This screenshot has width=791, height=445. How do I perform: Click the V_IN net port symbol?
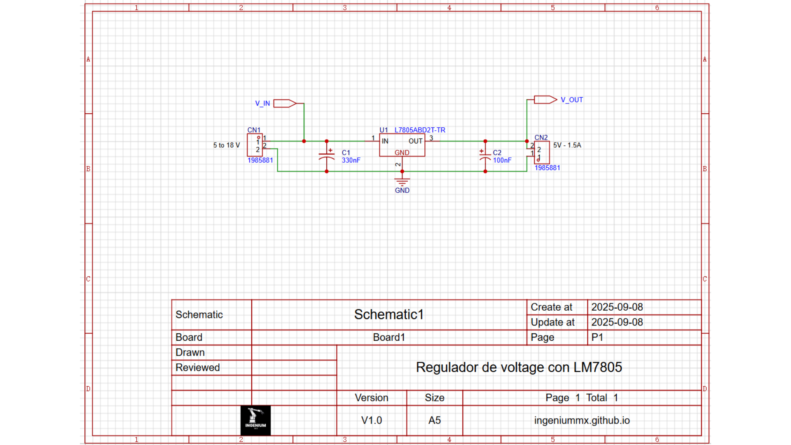[285, 103]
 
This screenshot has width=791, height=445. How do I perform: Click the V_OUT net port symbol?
[545, 100]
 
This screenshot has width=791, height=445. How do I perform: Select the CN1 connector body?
[255, 145]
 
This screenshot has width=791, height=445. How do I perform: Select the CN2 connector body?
[542, 153]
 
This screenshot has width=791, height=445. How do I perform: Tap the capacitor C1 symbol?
[327, 156]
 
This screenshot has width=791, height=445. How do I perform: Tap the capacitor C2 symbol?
[485, 156]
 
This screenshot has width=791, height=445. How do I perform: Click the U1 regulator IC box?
[402, 145]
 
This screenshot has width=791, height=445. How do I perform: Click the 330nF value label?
[351, 160]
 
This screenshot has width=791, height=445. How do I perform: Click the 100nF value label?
[502, 160]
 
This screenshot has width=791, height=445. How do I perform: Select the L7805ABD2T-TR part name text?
[420, 130]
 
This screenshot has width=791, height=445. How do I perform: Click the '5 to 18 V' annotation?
[226, 145]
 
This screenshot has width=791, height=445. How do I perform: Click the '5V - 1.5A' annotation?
[567, 145]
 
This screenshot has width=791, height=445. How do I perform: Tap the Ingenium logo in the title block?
[255, 420]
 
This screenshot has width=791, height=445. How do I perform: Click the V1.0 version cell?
[372, 420]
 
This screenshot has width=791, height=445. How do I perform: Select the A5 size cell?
[434, 420]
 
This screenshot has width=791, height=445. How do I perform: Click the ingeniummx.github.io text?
[582, 420]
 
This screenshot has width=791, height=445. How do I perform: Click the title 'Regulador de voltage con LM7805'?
[519, 367]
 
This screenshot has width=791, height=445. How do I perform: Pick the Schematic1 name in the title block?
[389, 314]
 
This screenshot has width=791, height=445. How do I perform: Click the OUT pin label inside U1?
[415, 141]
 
